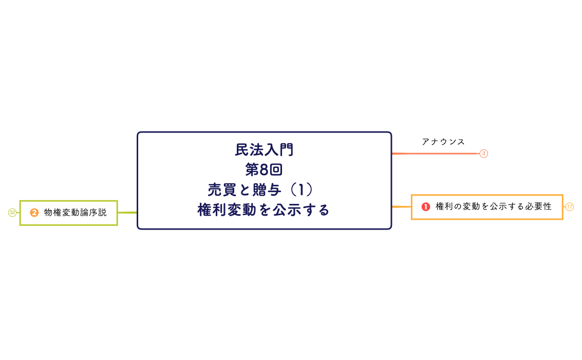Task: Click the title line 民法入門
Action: (x=264, y=150)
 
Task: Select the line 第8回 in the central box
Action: (x=264, y=169)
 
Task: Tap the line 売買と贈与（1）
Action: (x=264, y=190)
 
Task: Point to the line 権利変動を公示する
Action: (x=264, y=210)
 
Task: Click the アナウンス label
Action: (x=443, y=142)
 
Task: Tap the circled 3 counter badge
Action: (x=483, y=154)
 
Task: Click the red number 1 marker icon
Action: (x=425, y=206)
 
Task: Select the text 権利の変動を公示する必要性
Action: (x=493, y=206)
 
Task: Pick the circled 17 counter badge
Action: (x=569, y=207)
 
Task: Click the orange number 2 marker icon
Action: (x=34, y=213)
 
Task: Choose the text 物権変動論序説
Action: (x=76, y=213)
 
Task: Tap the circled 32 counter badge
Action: (x=12, y=213)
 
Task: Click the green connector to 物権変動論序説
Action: (x=127, y=213)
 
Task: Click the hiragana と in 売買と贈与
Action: (x=243, y=190)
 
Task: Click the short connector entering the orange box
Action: (x=402, y=207)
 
